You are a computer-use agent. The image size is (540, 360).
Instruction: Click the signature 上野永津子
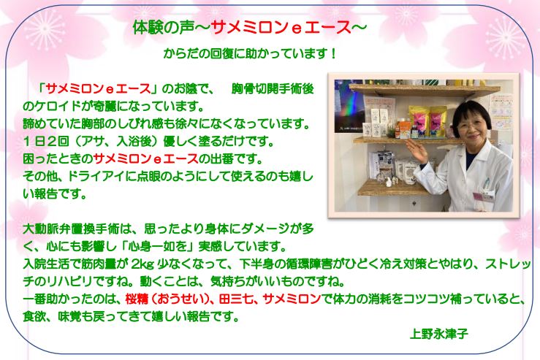coord(438,334)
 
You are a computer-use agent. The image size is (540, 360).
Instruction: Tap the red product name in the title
coord(281,28)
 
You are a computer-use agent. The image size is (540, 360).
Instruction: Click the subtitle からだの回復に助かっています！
coord(250,54)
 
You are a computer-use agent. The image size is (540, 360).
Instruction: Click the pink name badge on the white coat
coord(479,197)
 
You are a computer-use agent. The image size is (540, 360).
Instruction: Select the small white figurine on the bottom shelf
coord(389,182)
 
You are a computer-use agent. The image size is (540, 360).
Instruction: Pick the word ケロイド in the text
coord(58,106)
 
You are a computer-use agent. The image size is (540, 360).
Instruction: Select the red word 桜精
coord(137,299)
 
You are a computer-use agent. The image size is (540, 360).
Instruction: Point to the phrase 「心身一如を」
coord(158,246)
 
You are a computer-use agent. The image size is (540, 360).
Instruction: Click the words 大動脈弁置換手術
coord(69,229)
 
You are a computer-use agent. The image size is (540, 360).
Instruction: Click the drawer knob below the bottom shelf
coord(414,204)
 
